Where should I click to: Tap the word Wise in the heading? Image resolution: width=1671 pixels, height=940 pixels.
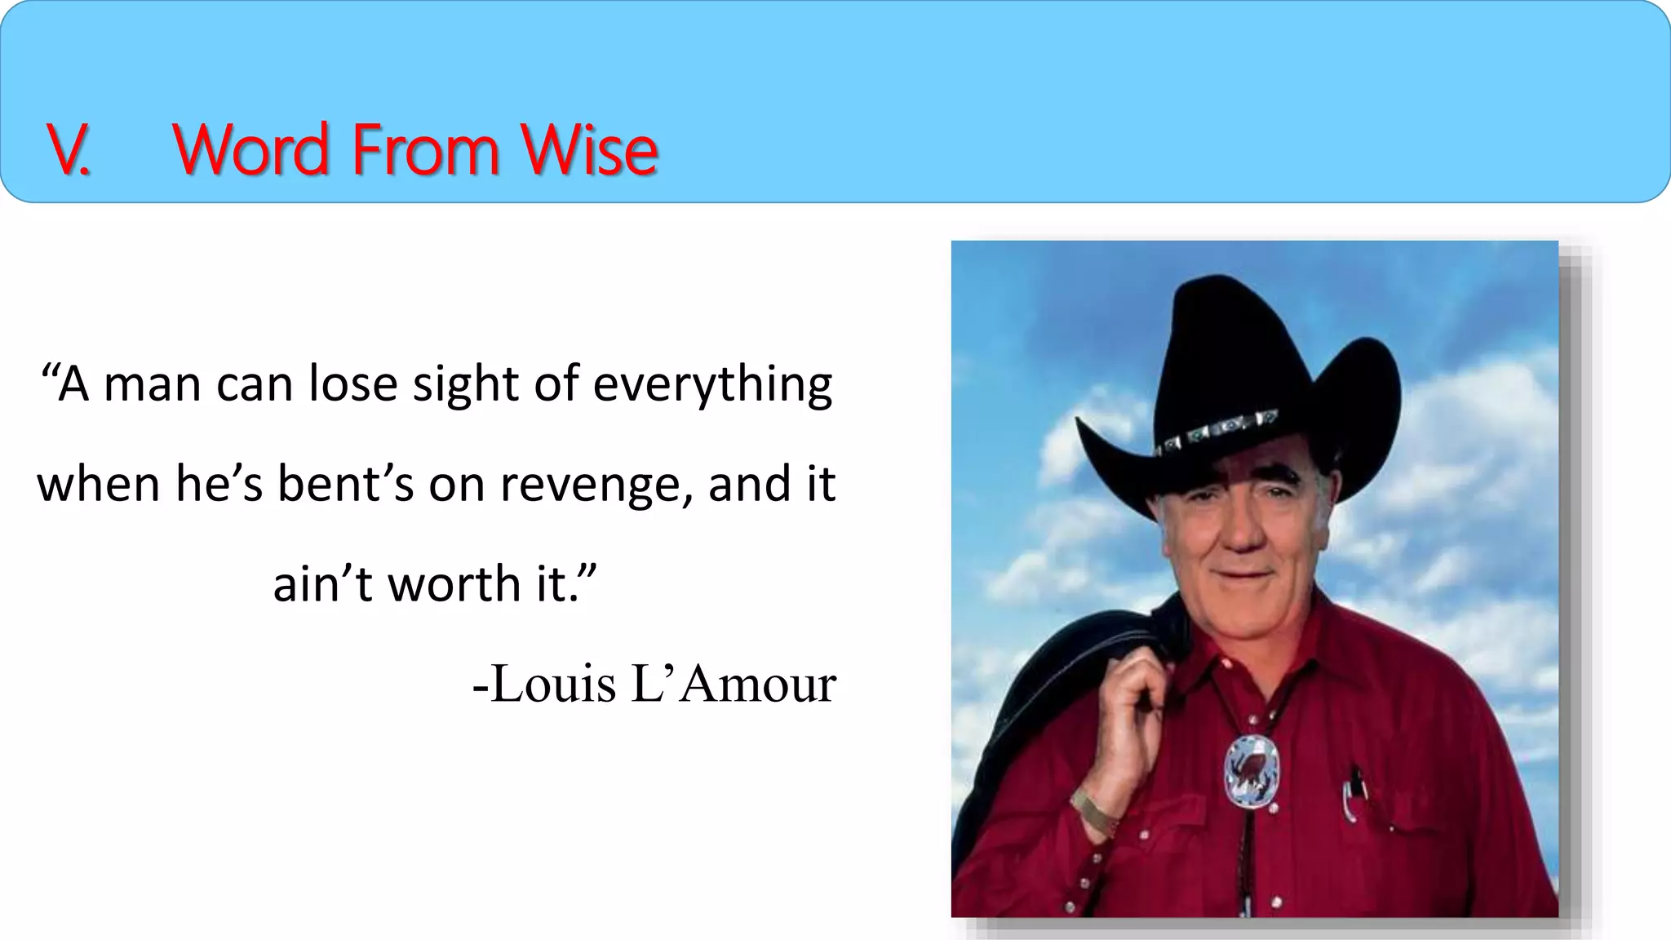(589, 150)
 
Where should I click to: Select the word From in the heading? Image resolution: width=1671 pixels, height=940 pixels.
(425, 150)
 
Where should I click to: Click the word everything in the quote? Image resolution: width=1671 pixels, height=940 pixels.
(712, 385)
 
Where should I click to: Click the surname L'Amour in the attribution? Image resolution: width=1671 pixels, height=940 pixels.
(734, 684)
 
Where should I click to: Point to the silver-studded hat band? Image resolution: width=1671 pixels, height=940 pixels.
(1216, 429)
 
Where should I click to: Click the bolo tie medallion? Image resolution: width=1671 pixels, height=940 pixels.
(1252, 771)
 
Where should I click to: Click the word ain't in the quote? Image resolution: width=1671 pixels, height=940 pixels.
(322, 584)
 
